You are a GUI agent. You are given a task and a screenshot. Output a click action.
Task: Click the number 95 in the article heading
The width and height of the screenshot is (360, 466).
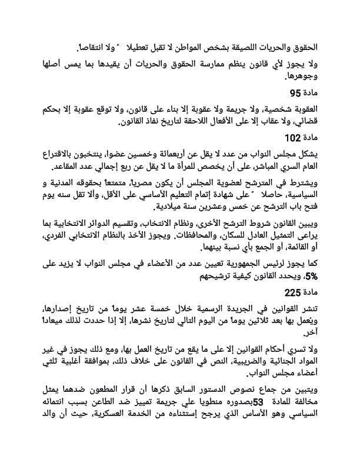click(x=295, y=93)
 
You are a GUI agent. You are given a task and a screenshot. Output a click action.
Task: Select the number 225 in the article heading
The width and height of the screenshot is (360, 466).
click(x=292, y=292)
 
